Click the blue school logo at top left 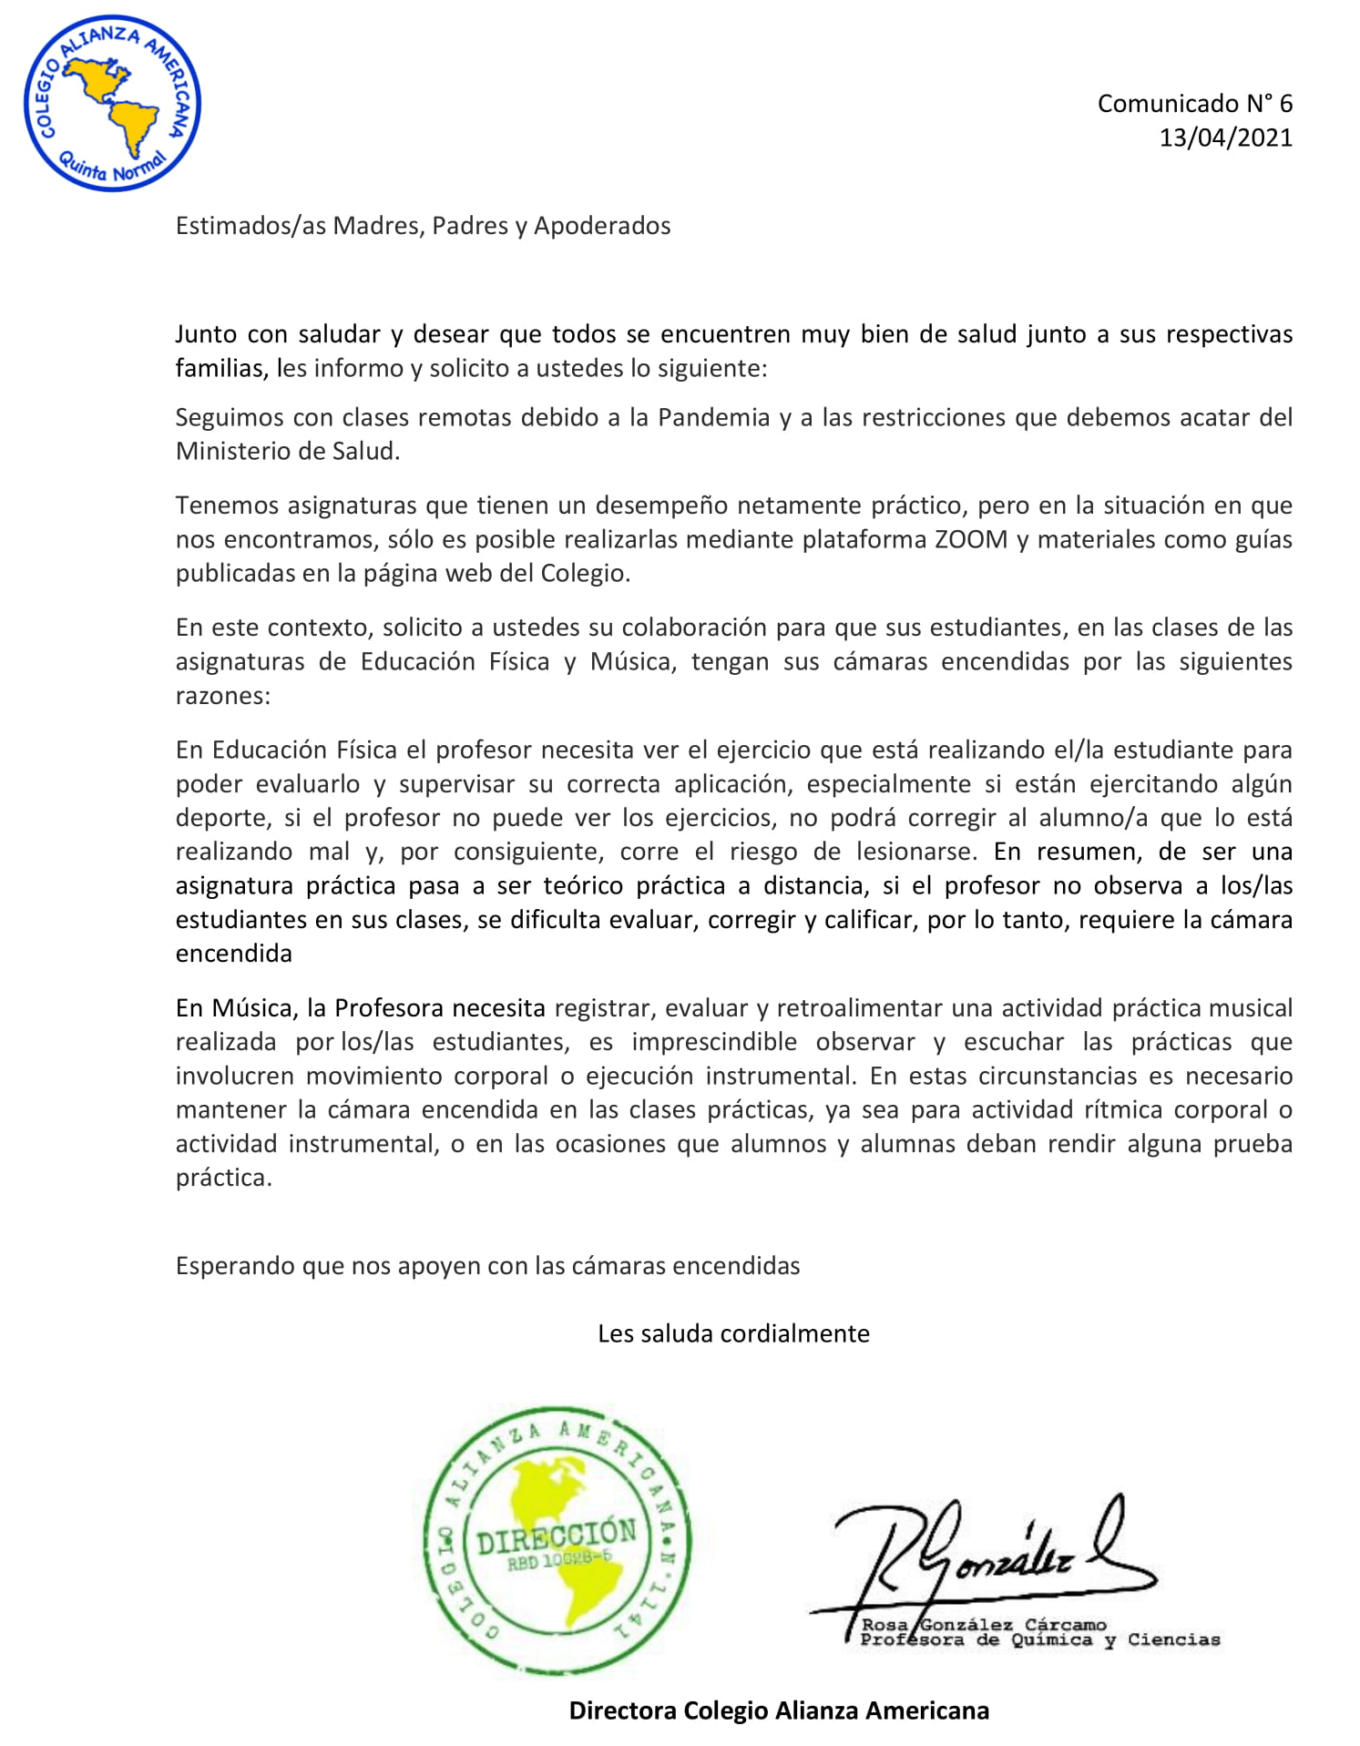click(x=112, y=103)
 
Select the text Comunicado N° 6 click(x=1193, y=104)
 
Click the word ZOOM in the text click(x=970, y=539)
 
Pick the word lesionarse click(x=915, y=852)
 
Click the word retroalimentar click(x=856, y=1008)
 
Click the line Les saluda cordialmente click(x=733, y=1333)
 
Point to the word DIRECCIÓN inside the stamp click(x=557, y=1540)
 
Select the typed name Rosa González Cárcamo click(x=983, y=1625)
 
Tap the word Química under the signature click(x=1051, y=1640)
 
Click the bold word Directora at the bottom click(x=623, y=1710)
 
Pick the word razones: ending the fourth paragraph click(x=223, y=696)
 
